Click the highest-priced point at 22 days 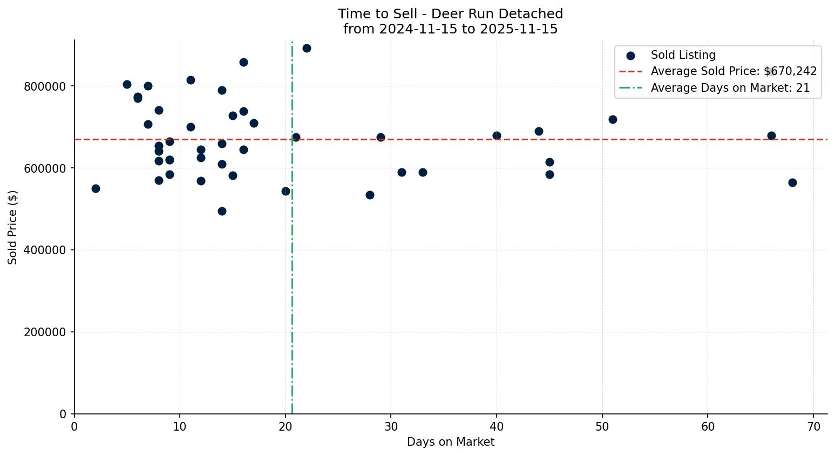point(307,48)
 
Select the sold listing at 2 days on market point(96,188)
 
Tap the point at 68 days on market point(792,182)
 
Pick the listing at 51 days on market point(613,119)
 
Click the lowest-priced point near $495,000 point(222,211)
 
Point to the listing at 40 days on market point(497,135)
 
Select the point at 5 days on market point(127,84)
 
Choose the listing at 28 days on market point(370,195)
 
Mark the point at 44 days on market point(539,131)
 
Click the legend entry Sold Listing point(683,55)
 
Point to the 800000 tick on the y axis point(45,86)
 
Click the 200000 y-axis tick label point(45,332)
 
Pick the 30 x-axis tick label point(391,427)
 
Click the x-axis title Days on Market point(450,442)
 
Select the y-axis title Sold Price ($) point(13,227)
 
